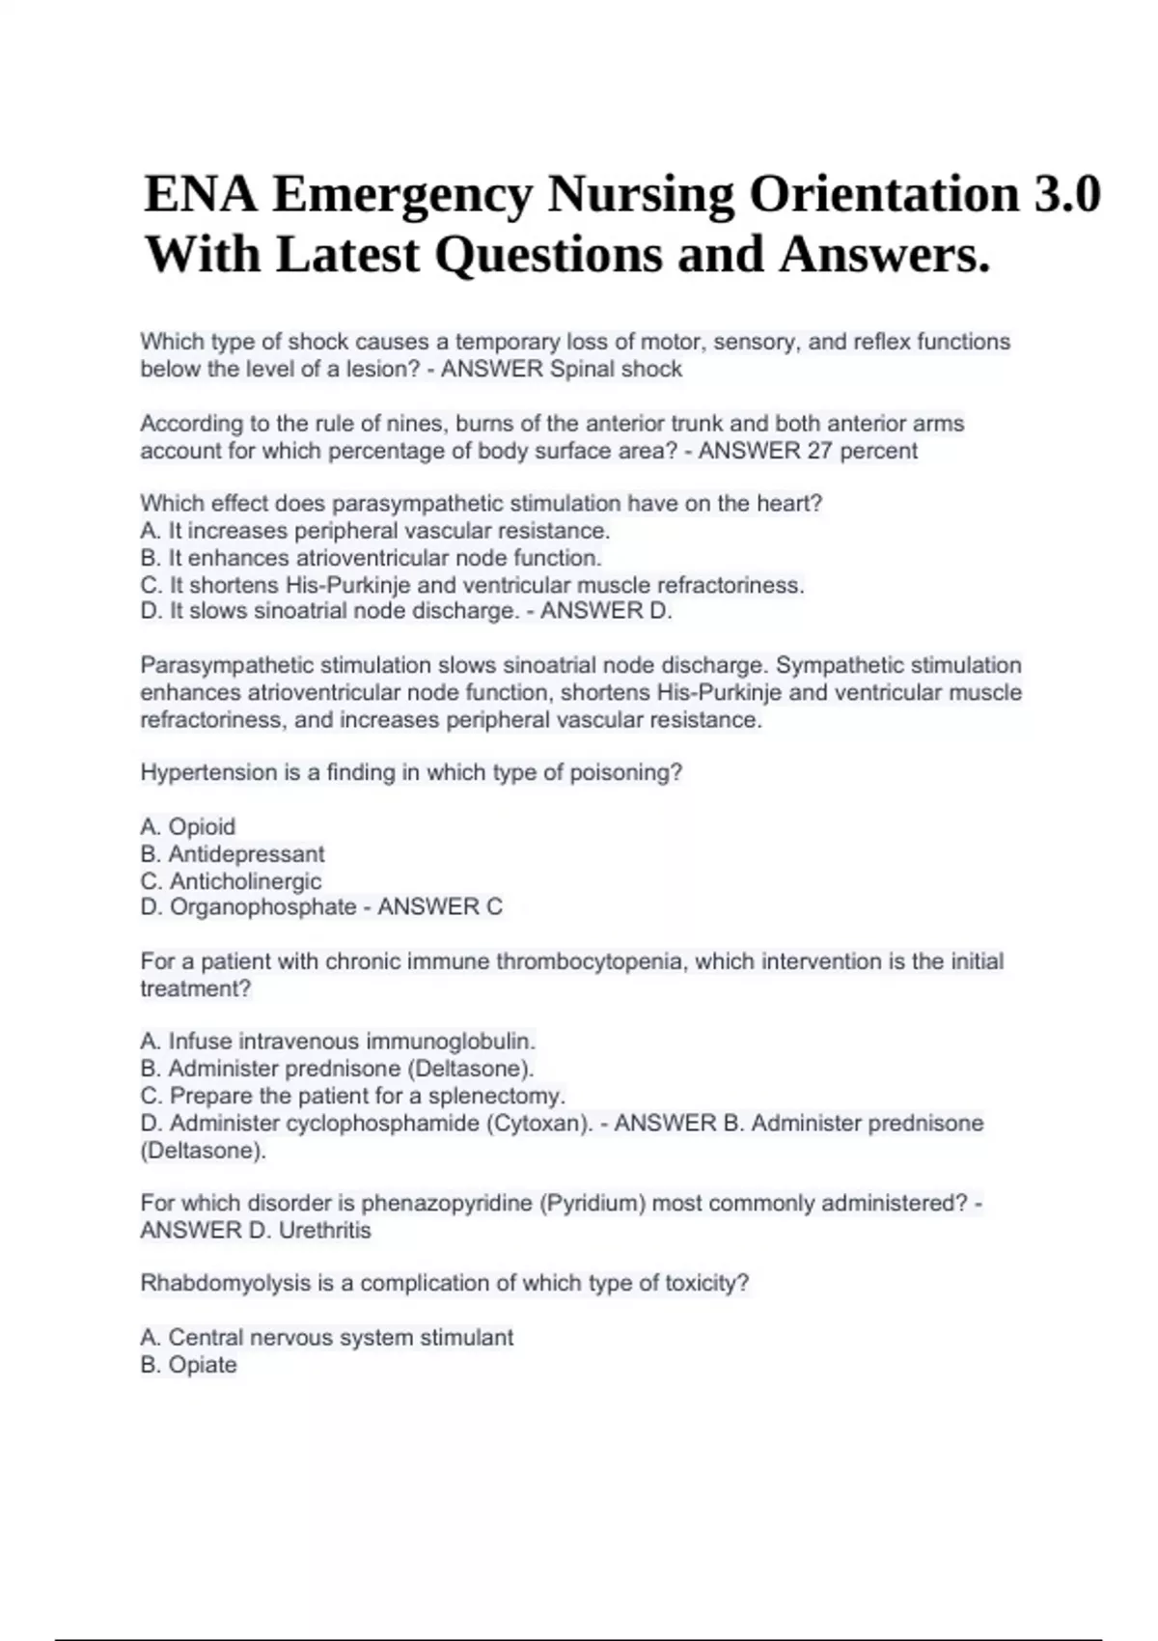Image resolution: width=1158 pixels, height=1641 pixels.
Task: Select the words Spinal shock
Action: (616, 369)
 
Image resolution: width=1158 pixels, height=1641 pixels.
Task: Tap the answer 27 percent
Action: (862, 451)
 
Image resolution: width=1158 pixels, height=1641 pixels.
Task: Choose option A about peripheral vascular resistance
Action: (375, 531)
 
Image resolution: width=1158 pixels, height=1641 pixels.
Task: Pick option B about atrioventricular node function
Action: (371, 558)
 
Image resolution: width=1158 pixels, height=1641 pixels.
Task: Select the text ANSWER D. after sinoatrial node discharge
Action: (606, 611)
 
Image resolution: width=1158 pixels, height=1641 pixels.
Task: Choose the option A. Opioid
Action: (188, 826)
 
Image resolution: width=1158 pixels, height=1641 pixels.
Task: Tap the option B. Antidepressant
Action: (233, 854)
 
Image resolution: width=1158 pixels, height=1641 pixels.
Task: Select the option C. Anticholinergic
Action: (232, 881)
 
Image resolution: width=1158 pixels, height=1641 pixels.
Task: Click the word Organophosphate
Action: (263, 907)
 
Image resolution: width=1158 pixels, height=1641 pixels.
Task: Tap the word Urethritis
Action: (324, 1231)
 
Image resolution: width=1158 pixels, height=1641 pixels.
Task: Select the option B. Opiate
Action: (189, 1365)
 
